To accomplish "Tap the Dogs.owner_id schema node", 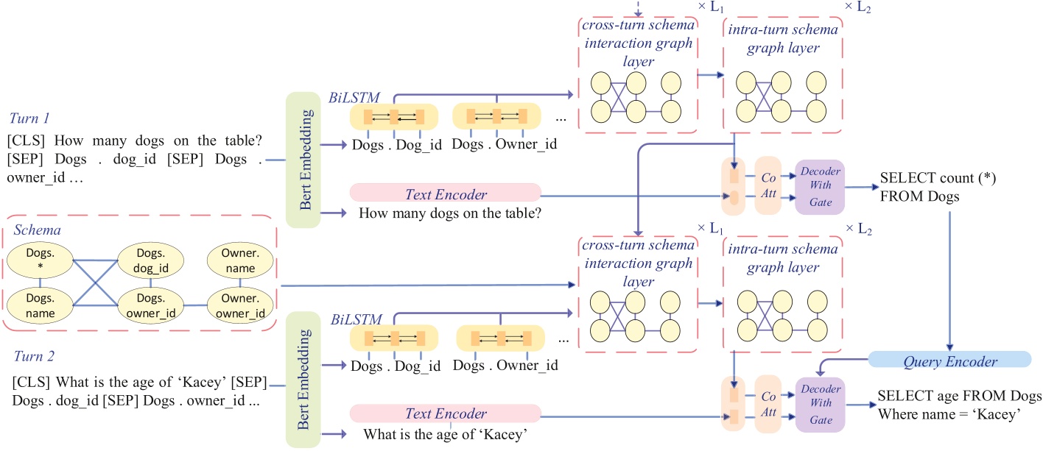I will [x=150, y=304].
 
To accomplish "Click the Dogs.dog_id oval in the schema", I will [x=150, y=261].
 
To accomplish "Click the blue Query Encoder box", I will [x=949, y=361].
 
